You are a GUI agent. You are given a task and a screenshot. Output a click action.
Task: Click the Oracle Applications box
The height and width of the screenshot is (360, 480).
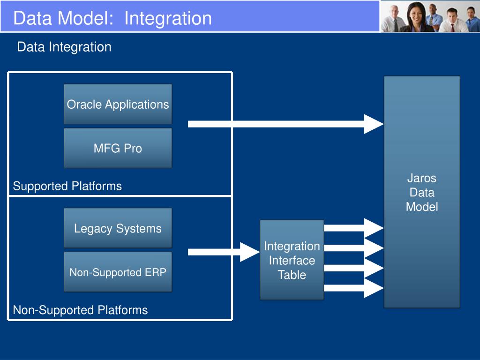[x=118, y=104]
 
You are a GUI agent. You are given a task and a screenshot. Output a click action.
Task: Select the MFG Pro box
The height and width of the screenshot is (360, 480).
[x=118, y=148]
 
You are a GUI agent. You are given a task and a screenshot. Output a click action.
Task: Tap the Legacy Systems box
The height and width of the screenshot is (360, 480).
[x=118, y=228]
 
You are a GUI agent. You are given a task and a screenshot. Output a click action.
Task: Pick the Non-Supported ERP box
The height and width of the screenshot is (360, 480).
[x=118, y=272]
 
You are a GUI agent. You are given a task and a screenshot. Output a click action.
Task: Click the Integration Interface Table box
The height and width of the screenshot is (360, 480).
[x=292, y=260]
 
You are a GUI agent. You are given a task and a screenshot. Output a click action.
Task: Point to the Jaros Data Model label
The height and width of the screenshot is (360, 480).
[x=422, y=192]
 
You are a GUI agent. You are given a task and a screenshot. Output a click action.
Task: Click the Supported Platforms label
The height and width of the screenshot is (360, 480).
[x=67, y=186]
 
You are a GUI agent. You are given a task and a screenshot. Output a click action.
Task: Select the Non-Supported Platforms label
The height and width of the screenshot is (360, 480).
[x=80, y=310]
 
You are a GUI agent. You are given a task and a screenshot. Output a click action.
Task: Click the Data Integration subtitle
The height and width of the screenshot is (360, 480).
[x=64, y=47]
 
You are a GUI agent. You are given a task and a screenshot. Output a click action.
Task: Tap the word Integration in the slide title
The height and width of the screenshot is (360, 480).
[x=168, y=19]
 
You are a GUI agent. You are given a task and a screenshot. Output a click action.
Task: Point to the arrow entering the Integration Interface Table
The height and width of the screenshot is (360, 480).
[x=224, y=252]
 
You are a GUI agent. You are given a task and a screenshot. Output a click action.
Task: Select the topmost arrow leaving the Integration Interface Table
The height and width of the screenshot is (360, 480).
[x=354, y=228]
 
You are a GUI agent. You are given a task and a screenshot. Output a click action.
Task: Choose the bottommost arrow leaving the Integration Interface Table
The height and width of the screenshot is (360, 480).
[x=354, y=288]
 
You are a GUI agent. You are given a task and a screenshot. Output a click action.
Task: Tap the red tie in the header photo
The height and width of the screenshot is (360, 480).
[x=452, y=27]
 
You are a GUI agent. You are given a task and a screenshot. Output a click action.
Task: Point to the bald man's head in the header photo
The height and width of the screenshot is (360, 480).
[x=395, y=12]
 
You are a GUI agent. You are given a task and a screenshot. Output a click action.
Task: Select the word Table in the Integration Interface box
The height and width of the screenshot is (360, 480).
[x=292, y=275]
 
